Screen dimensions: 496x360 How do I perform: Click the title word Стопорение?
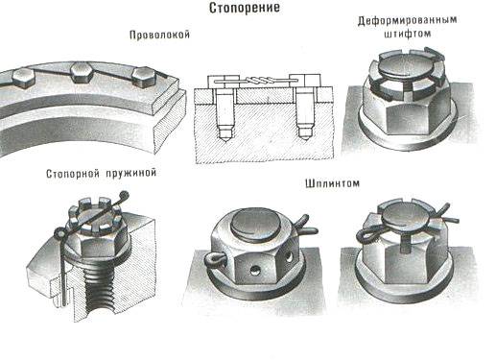tap(245, 8)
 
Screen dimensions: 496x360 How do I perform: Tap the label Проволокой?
tap(159, 35)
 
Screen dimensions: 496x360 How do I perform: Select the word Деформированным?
tap(407, 21)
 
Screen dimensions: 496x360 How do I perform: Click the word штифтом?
tap(407, 34)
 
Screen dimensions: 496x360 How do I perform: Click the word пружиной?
tap(130, 174)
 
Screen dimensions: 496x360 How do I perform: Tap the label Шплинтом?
tap(332, 183)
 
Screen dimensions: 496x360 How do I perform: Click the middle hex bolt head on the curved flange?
tap(83, 72)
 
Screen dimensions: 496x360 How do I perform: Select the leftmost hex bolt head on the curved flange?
tap(23, 78)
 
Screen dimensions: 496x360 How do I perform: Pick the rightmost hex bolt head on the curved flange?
tap(144, 77)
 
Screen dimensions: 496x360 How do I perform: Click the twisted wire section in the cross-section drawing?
tap(259, 80)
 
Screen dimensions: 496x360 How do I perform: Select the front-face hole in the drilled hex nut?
tap(255, 271)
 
